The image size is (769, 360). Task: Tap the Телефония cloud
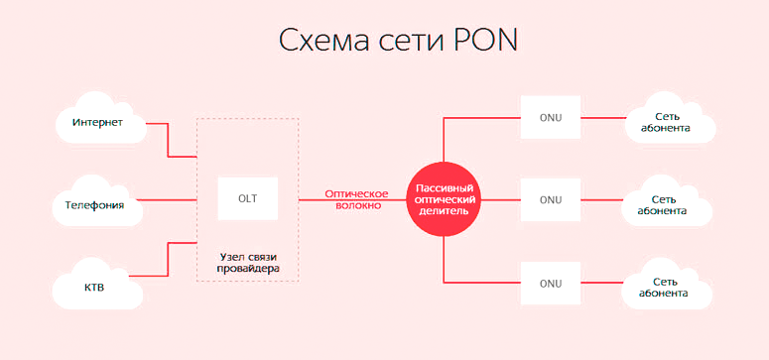pos(94,205)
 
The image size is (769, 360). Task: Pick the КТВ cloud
pos(94,287)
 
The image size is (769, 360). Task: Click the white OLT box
pos(247,198)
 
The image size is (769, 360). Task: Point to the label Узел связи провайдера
pos(248,263)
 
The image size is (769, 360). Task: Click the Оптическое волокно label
pos(353,199)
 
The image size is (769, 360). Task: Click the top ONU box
pos(551,117)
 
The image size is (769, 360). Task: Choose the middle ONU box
pos(551,199)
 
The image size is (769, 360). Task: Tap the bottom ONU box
pos(551,284)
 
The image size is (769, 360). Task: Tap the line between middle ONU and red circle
pos(501,199)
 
